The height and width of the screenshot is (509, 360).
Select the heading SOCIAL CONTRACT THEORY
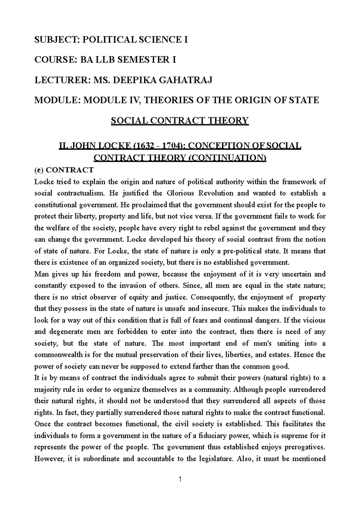coord(180,121)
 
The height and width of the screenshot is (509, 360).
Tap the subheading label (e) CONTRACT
coord(64,170)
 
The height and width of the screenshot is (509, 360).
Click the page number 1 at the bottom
coord(180,480)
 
